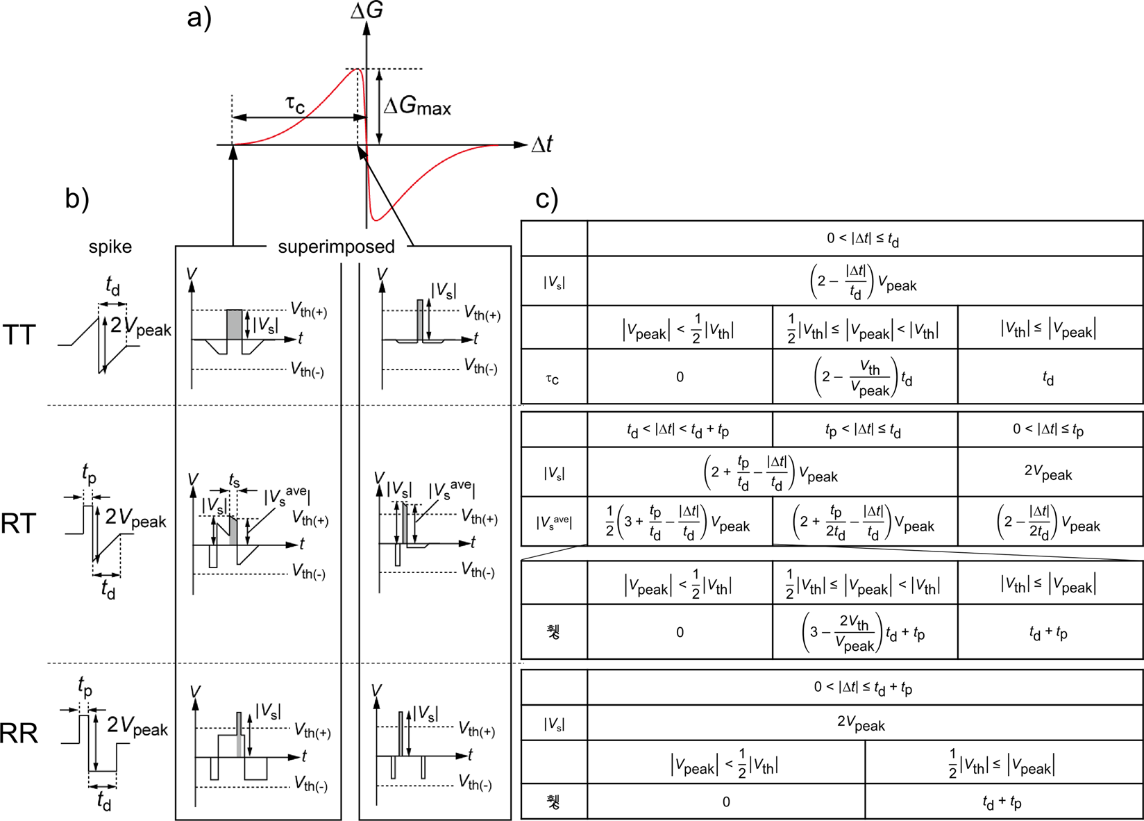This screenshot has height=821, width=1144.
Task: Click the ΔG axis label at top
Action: click(x=367, y=10)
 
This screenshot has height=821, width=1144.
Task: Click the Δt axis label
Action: click(x=542, y=144)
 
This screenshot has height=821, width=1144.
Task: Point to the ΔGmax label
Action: click(x=417, y=106)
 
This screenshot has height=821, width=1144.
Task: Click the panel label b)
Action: click(x=77, y=199)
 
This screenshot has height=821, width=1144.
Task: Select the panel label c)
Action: click(x=547, y=199)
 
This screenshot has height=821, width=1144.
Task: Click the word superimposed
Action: click(x=336, y=247)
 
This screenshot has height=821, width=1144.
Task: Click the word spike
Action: click(x=110, y=247)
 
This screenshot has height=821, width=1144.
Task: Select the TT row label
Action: click(x=19, y=335)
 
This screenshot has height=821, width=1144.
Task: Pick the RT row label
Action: click(x=19, y=523)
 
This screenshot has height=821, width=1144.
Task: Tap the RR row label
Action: click(x=19, y=733)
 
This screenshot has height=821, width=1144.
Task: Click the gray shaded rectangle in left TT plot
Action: click(x=235, y=324)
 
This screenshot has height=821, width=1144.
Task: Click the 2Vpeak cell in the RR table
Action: click(x=861, y=724)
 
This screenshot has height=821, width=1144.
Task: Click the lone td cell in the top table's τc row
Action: click(x=1049, y=378)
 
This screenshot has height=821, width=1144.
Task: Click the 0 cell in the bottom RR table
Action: click(x=726, y=802)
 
